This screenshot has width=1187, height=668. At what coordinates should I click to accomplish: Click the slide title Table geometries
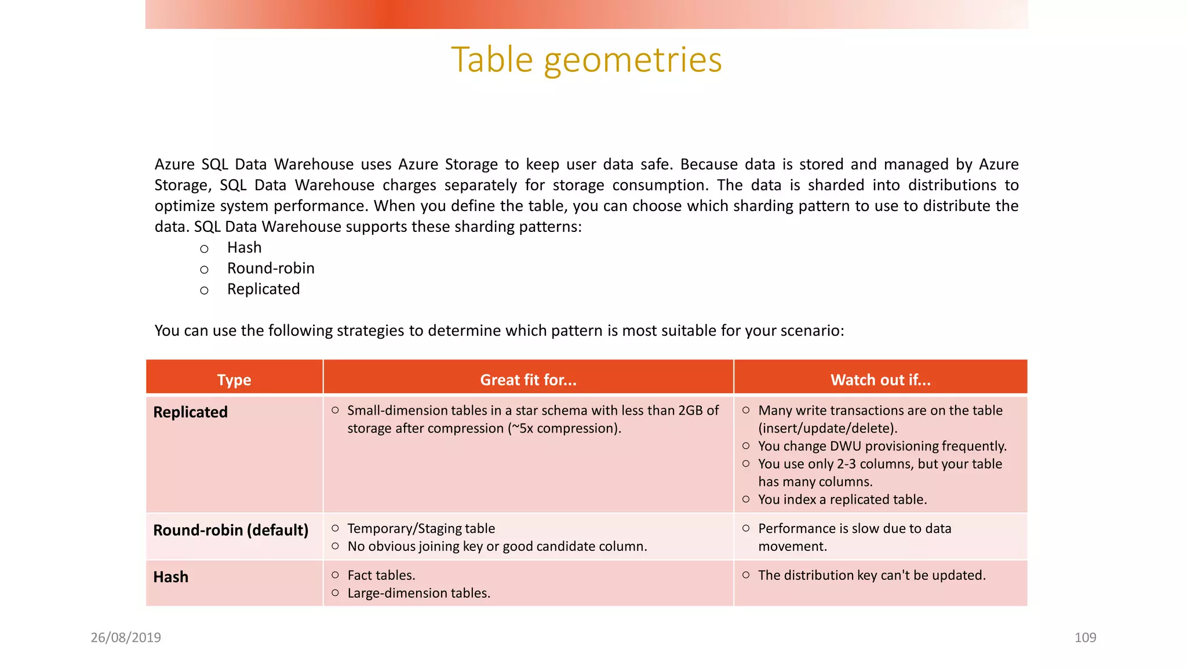(587, 60)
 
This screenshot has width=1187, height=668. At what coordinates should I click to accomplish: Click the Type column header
(234, 380)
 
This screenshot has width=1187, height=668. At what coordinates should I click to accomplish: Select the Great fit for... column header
(528, 380)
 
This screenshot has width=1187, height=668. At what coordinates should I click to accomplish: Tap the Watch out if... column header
(880, 380)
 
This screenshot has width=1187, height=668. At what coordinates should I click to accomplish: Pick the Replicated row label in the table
(190, 412)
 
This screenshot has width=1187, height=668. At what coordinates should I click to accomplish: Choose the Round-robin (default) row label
(231, 530)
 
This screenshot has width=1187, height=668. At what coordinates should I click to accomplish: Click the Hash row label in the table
(171, 577)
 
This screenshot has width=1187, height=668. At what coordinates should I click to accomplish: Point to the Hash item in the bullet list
(244, 248)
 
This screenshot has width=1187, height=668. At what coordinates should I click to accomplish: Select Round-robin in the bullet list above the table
(271, 268)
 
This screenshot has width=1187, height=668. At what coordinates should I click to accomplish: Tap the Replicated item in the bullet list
(263, 289)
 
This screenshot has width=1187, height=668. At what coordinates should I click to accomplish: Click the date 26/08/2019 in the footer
(126, 638)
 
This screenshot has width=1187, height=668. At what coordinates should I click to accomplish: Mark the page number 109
(1085, 638)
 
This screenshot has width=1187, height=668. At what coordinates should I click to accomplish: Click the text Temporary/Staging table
(421, 529)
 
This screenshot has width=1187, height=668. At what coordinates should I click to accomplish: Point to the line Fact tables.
(381, 575)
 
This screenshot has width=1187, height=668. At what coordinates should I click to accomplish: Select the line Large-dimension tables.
(419, 593)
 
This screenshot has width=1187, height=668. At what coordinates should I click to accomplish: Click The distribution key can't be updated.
(872, 575)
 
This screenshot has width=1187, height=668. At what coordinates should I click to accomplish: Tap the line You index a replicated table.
(843, 500)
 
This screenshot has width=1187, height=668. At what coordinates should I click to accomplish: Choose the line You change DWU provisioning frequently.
(882, 446)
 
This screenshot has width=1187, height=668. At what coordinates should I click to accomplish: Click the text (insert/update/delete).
(828, 429)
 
